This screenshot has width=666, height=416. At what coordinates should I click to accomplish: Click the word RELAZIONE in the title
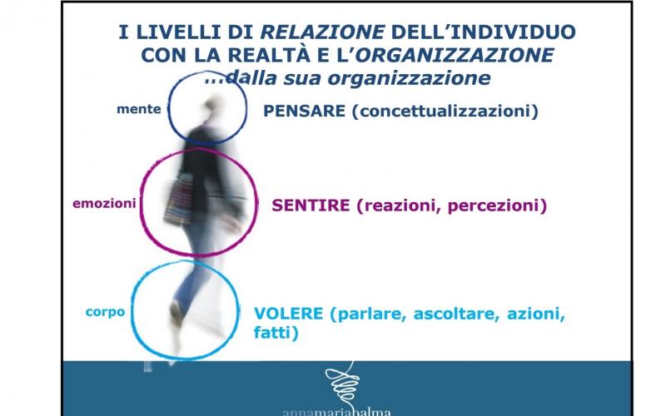pos(323,32)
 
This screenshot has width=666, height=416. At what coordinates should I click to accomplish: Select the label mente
pos(139,109)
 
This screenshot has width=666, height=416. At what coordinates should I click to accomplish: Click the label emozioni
pos(105,203)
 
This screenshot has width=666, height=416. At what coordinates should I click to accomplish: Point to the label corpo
pos(106,312)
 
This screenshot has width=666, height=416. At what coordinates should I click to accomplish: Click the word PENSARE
pos(304,111)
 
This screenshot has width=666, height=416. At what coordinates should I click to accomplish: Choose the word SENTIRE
pos(311,206)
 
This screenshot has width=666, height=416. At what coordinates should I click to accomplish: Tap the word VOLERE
pos(289,314)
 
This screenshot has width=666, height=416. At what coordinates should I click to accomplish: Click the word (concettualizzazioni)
pos(445,111)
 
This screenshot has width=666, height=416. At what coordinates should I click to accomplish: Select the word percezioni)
pos(497,206)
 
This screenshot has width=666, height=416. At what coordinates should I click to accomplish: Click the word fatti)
pos(276,332)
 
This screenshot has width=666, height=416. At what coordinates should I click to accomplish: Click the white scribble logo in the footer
pos(343,383)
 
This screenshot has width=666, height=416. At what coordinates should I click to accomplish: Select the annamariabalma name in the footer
pos(336,412)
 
